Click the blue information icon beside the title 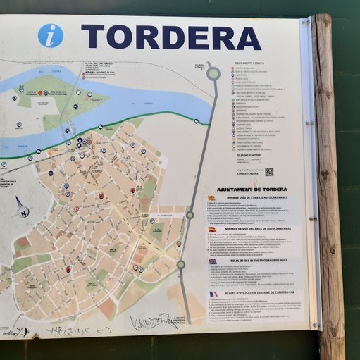[50, 35]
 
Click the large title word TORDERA [171, 37]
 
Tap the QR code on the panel [268, 171]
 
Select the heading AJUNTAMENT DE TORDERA [252, 190]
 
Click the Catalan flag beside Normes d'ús [211, 198]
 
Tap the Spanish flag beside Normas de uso [211, 229]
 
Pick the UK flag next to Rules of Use [212, 261]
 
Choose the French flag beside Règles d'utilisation [213, 294]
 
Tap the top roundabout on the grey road [213, 73]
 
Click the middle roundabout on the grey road [190, 214]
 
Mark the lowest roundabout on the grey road [181, 264]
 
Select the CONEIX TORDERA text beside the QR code [248, 174]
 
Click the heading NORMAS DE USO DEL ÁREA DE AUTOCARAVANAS [256, 229]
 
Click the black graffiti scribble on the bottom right [154, 323]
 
